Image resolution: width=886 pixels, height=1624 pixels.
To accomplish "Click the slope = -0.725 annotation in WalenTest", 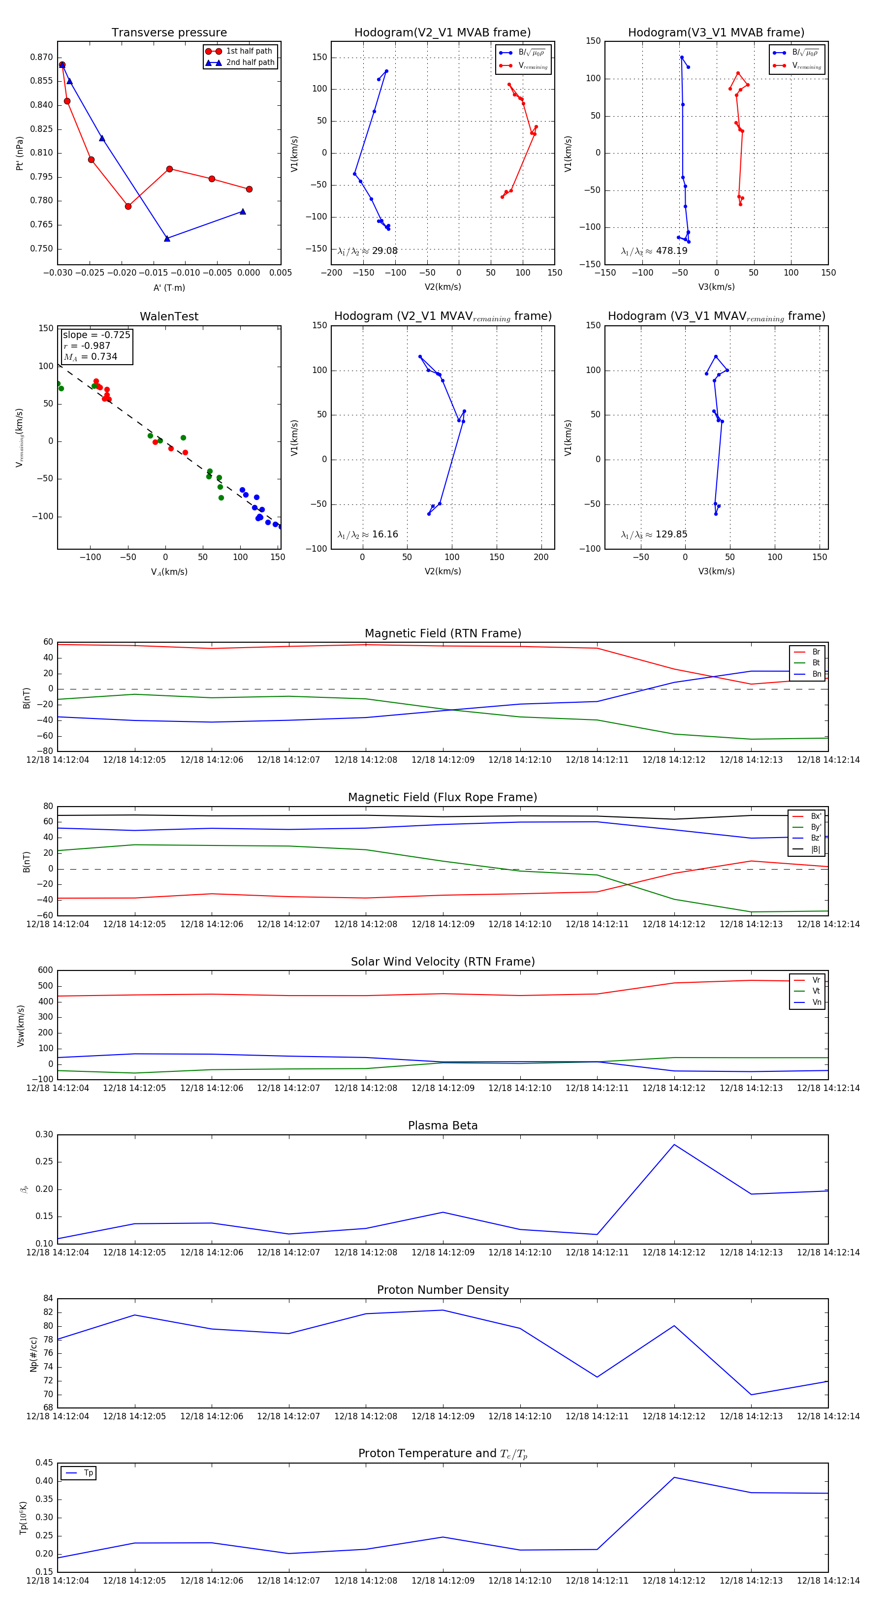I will [x=96, y=335].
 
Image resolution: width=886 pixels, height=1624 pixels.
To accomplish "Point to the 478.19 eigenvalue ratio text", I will [x=671, y=251].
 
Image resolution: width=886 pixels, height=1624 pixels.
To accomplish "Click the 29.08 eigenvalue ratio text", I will [x=384, y=251].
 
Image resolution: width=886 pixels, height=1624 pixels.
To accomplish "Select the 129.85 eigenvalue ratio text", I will [x=671, y=534].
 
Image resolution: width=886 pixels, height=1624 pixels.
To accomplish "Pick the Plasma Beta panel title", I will [x=443, y=1125].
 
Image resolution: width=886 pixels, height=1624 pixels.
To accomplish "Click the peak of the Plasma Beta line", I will [x=674, y=1144].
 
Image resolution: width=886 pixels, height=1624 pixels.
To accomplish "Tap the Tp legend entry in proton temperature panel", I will [x=88, y=1473].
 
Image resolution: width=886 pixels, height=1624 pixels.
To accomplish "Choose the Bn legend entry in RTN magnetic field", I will [x=816, y=674].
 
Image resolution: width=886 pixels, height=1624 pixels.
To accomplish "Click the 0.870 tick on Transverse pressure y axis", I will [x=42, y=58].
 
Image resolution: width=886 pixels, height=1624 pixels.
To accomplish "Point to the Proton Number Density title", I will [x=443, y=1289].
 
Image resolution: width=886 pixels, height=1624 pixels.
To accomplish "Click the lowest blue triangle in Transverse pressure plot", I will [x=167, y=238].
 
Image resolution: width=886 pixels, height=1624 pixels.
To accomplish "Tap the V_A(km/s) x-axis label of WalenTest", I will [x=169, y=572].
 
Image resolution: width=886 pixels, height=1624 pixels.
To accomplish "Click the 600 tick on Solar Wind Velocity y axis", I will [x=45, y=970].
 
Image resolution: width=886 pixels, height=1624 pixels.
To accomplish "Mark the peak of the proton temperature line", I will [x=674, y=1477].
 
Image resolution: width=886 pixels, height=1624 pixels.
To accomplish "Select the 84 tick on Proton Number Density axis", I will [x=48, y=1298].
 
